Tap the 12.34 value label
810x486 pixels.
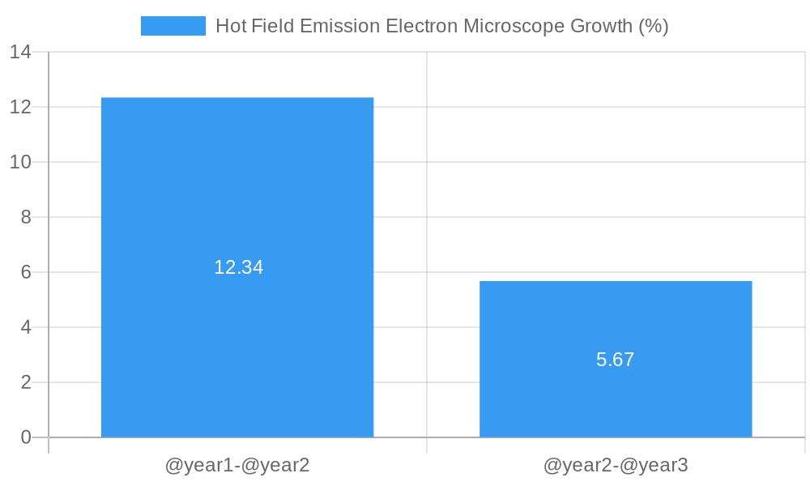[x=238, y=267]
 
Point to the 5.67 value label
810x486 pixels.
[x=616, y=360]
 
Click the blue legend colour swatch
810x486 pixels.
[x=173, y=26]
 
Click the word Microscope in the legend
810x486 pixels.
[x=514, y=26]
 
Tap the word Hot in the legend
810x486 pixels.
[x=231, y=26]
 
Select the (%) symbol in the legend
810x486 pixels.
[x=653, y=26]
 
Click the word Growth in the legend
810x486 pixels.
[x=601, y=26]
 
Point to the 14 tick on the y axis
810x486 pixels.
[x=20, y=52]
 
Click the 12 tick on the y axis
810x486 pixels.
[x=20, y=107]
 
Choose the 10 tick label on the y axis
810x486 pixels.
[x=20, y=162]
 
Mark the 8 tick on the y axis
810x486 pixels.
[x=26, y=217]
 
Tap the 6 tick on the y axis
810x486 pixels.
[x=26, y=272]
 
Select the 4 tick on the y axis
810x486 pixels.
[x=26, y=327]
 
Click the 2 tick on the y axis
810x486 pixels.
[x=26, y=382]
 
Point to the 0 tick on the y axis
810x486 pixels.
[x=26, y=437]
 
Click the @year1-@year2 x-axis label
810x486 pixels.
[x=237, y=466]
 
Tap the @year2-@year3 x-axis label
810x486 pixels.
[x=616, y=466]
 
